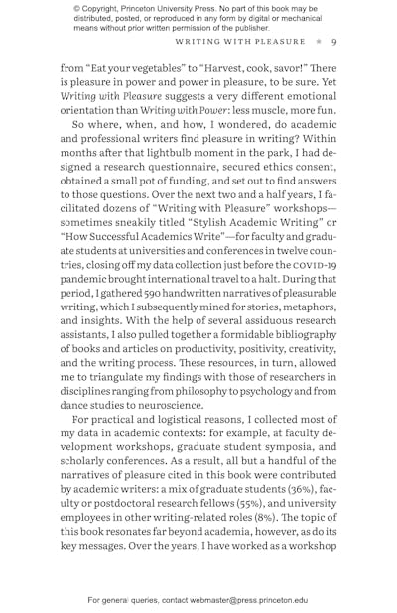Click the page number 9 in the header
coord(334,42)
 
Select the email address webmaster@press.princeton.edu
coord(246,600)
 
